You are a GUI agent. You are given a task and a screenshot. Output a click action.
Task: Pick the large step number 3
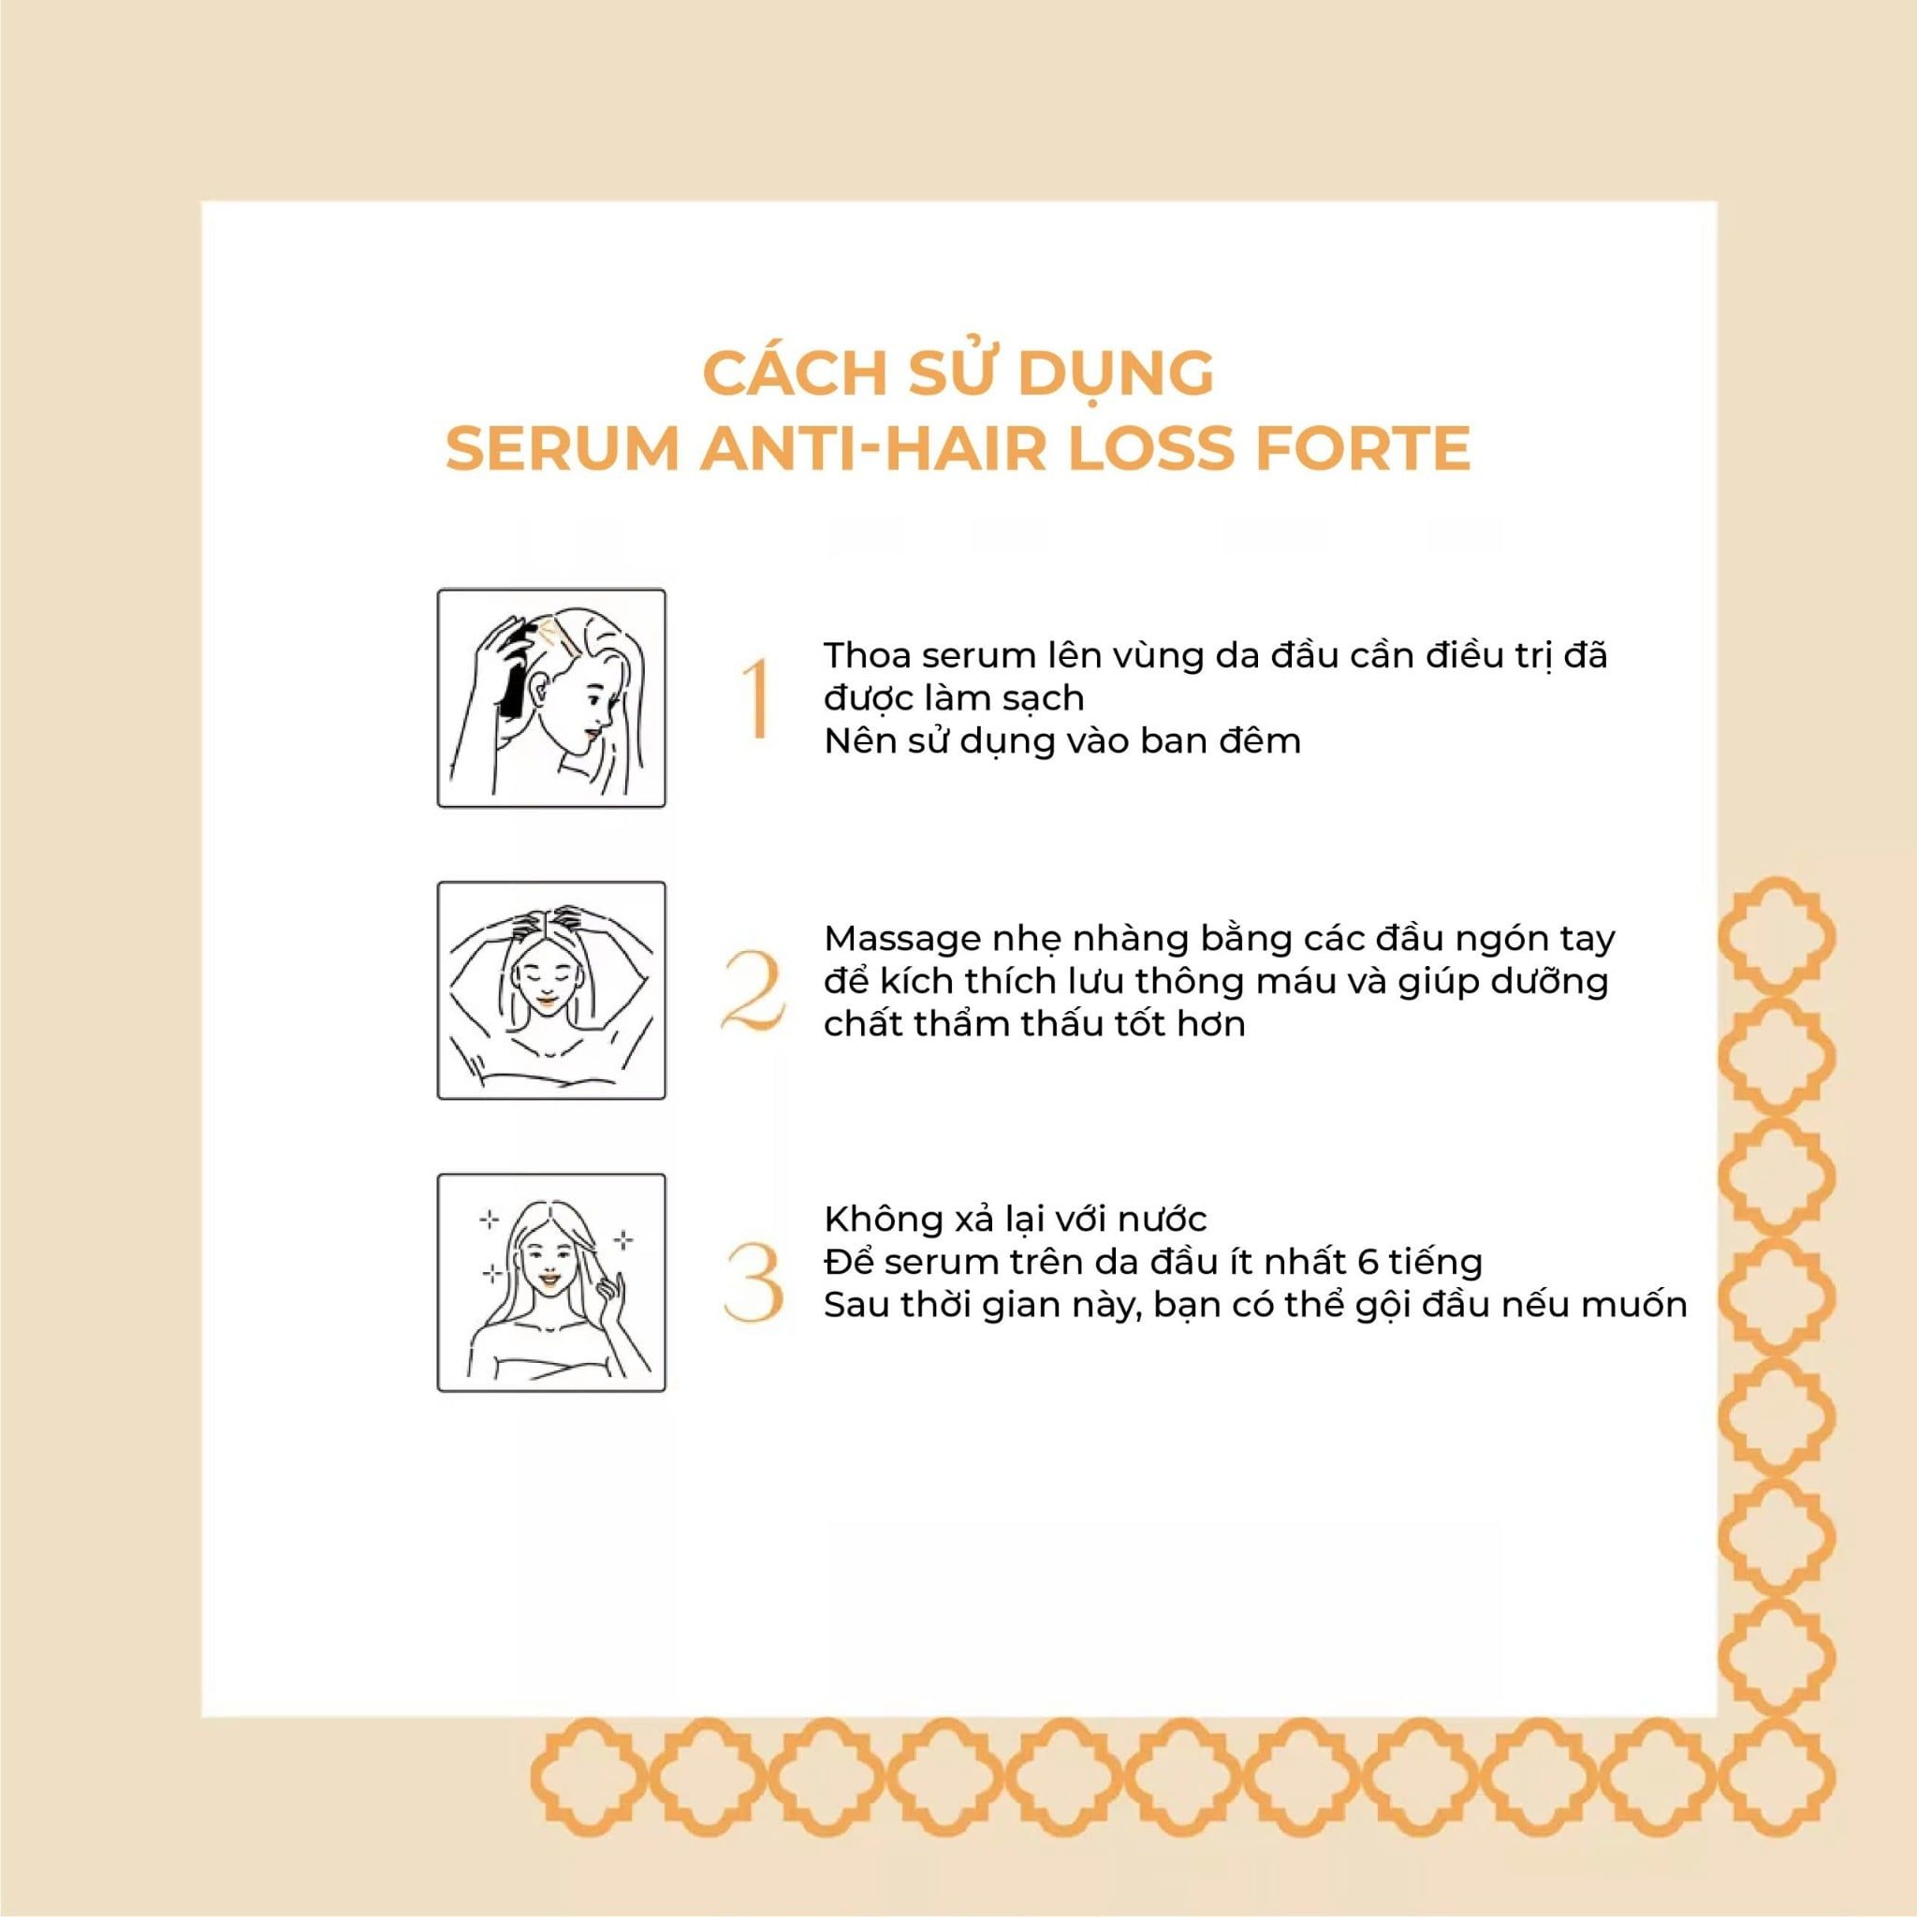tap(756, 1284)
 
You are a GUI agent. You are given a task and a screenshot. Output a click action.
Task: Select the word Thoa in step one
tap(870, 656)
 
